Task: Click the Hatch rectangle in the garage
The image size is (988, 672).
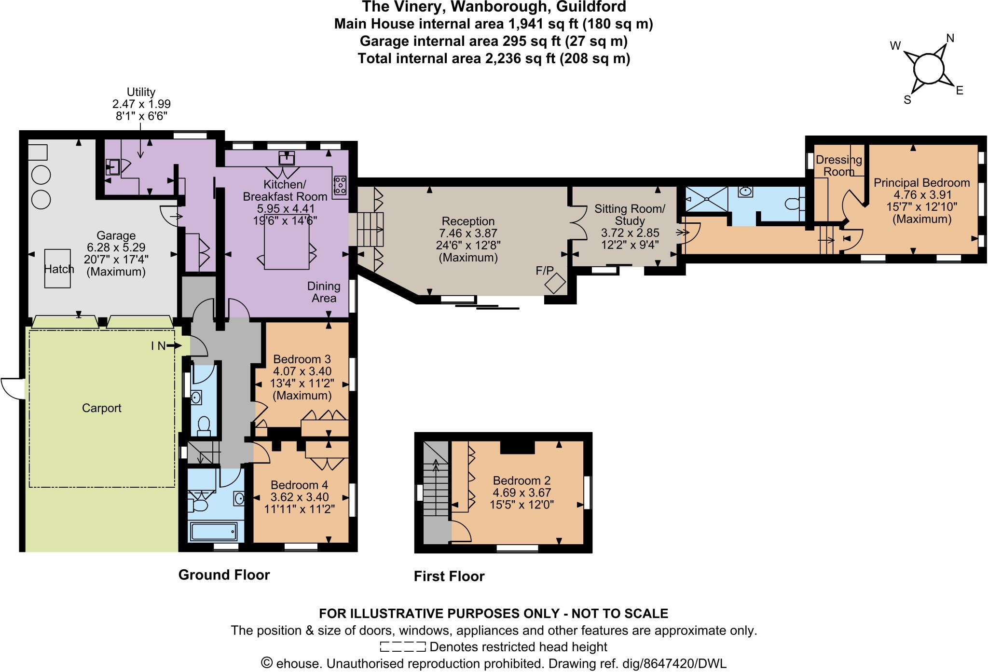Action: coord(58,269)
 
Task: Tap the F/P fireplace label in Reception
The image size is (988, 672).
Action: coord(545,270)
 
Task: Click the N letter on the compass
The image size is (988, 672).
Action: coord(950,38)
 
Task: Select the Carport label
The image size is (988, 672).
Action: coord(101,408)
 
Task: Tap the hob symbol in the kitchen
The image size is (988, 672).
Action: coord(341,185)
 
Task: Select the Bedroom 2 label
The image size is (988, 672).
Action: coord(521,480)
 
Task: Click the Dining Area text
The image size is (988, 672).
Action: coord(324,292)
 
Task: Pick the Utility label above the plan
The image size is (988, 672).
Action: coord(141,92)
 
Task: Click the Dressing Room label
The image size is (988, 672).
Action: coord(838,165)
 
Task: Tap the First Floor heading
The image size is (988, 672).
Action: coord(449,576)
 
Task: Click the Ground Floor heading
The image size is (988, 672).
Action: coord(224,575)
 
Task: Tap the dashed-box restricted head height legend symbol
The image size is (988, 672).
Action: coord(402,646)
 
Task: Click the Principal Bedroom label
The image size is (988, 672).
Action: coord(921,183)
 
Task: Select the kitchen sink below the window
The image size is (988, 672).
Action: coord(287,158)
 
